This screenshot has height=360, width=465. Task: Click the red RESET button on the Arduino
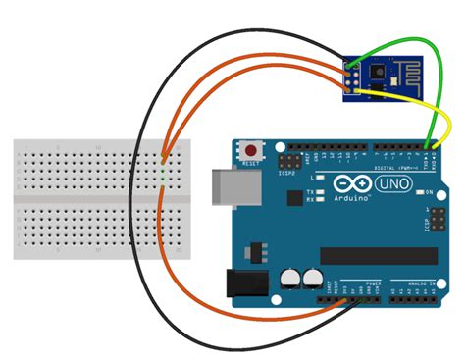click(x=254, y=150)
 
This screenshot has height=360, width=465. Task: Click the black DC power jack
click(x=239, y=283)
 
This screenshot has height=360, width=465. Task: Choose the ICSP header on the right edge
click(x=429, y=222)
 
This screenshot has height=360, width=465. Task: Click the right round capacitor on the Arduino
click(x=312, y=280)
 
